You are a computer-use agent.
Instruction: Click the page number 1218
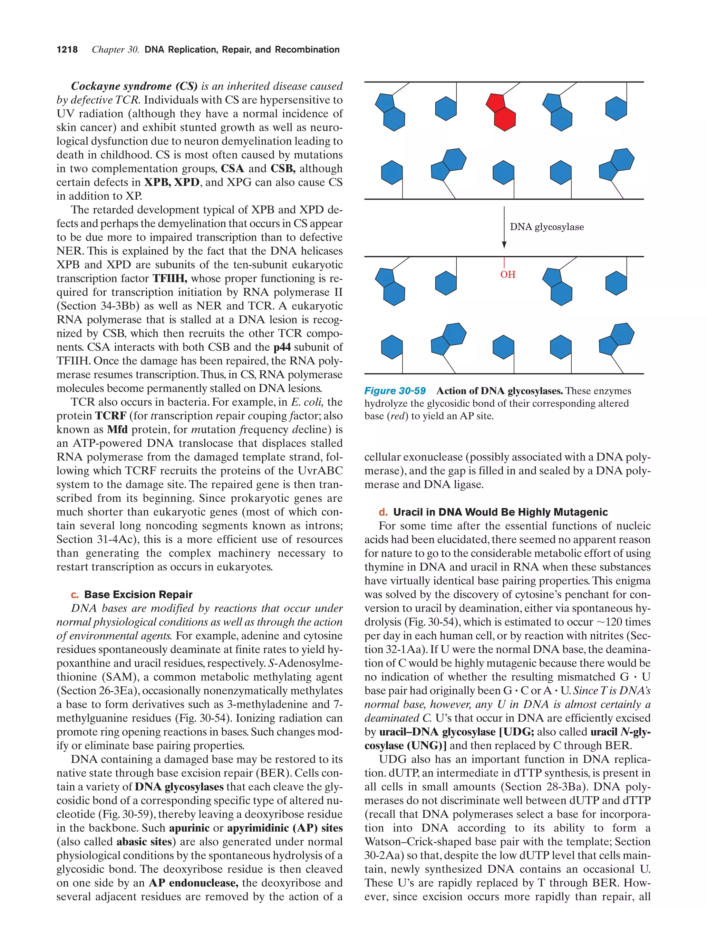(x=67, y=50)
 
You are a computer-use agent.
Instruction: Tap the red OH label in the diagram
(x=508, y=274)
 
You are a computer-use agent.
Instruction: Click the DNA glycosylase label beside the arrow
(x=546, y=227)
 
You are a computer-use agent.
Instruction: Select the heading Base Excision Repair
(x=138, y=594)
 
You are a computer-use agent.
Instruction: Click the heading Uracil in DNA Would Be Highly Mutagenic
(x=500, y=512)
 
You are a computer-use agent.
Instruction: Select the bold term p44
(x=282, y=347)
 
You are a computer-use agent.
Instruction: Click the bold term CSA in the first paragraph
(x=233, y=168)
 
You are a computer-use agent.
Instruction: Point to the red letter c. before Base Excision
(x=75, y=595)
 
